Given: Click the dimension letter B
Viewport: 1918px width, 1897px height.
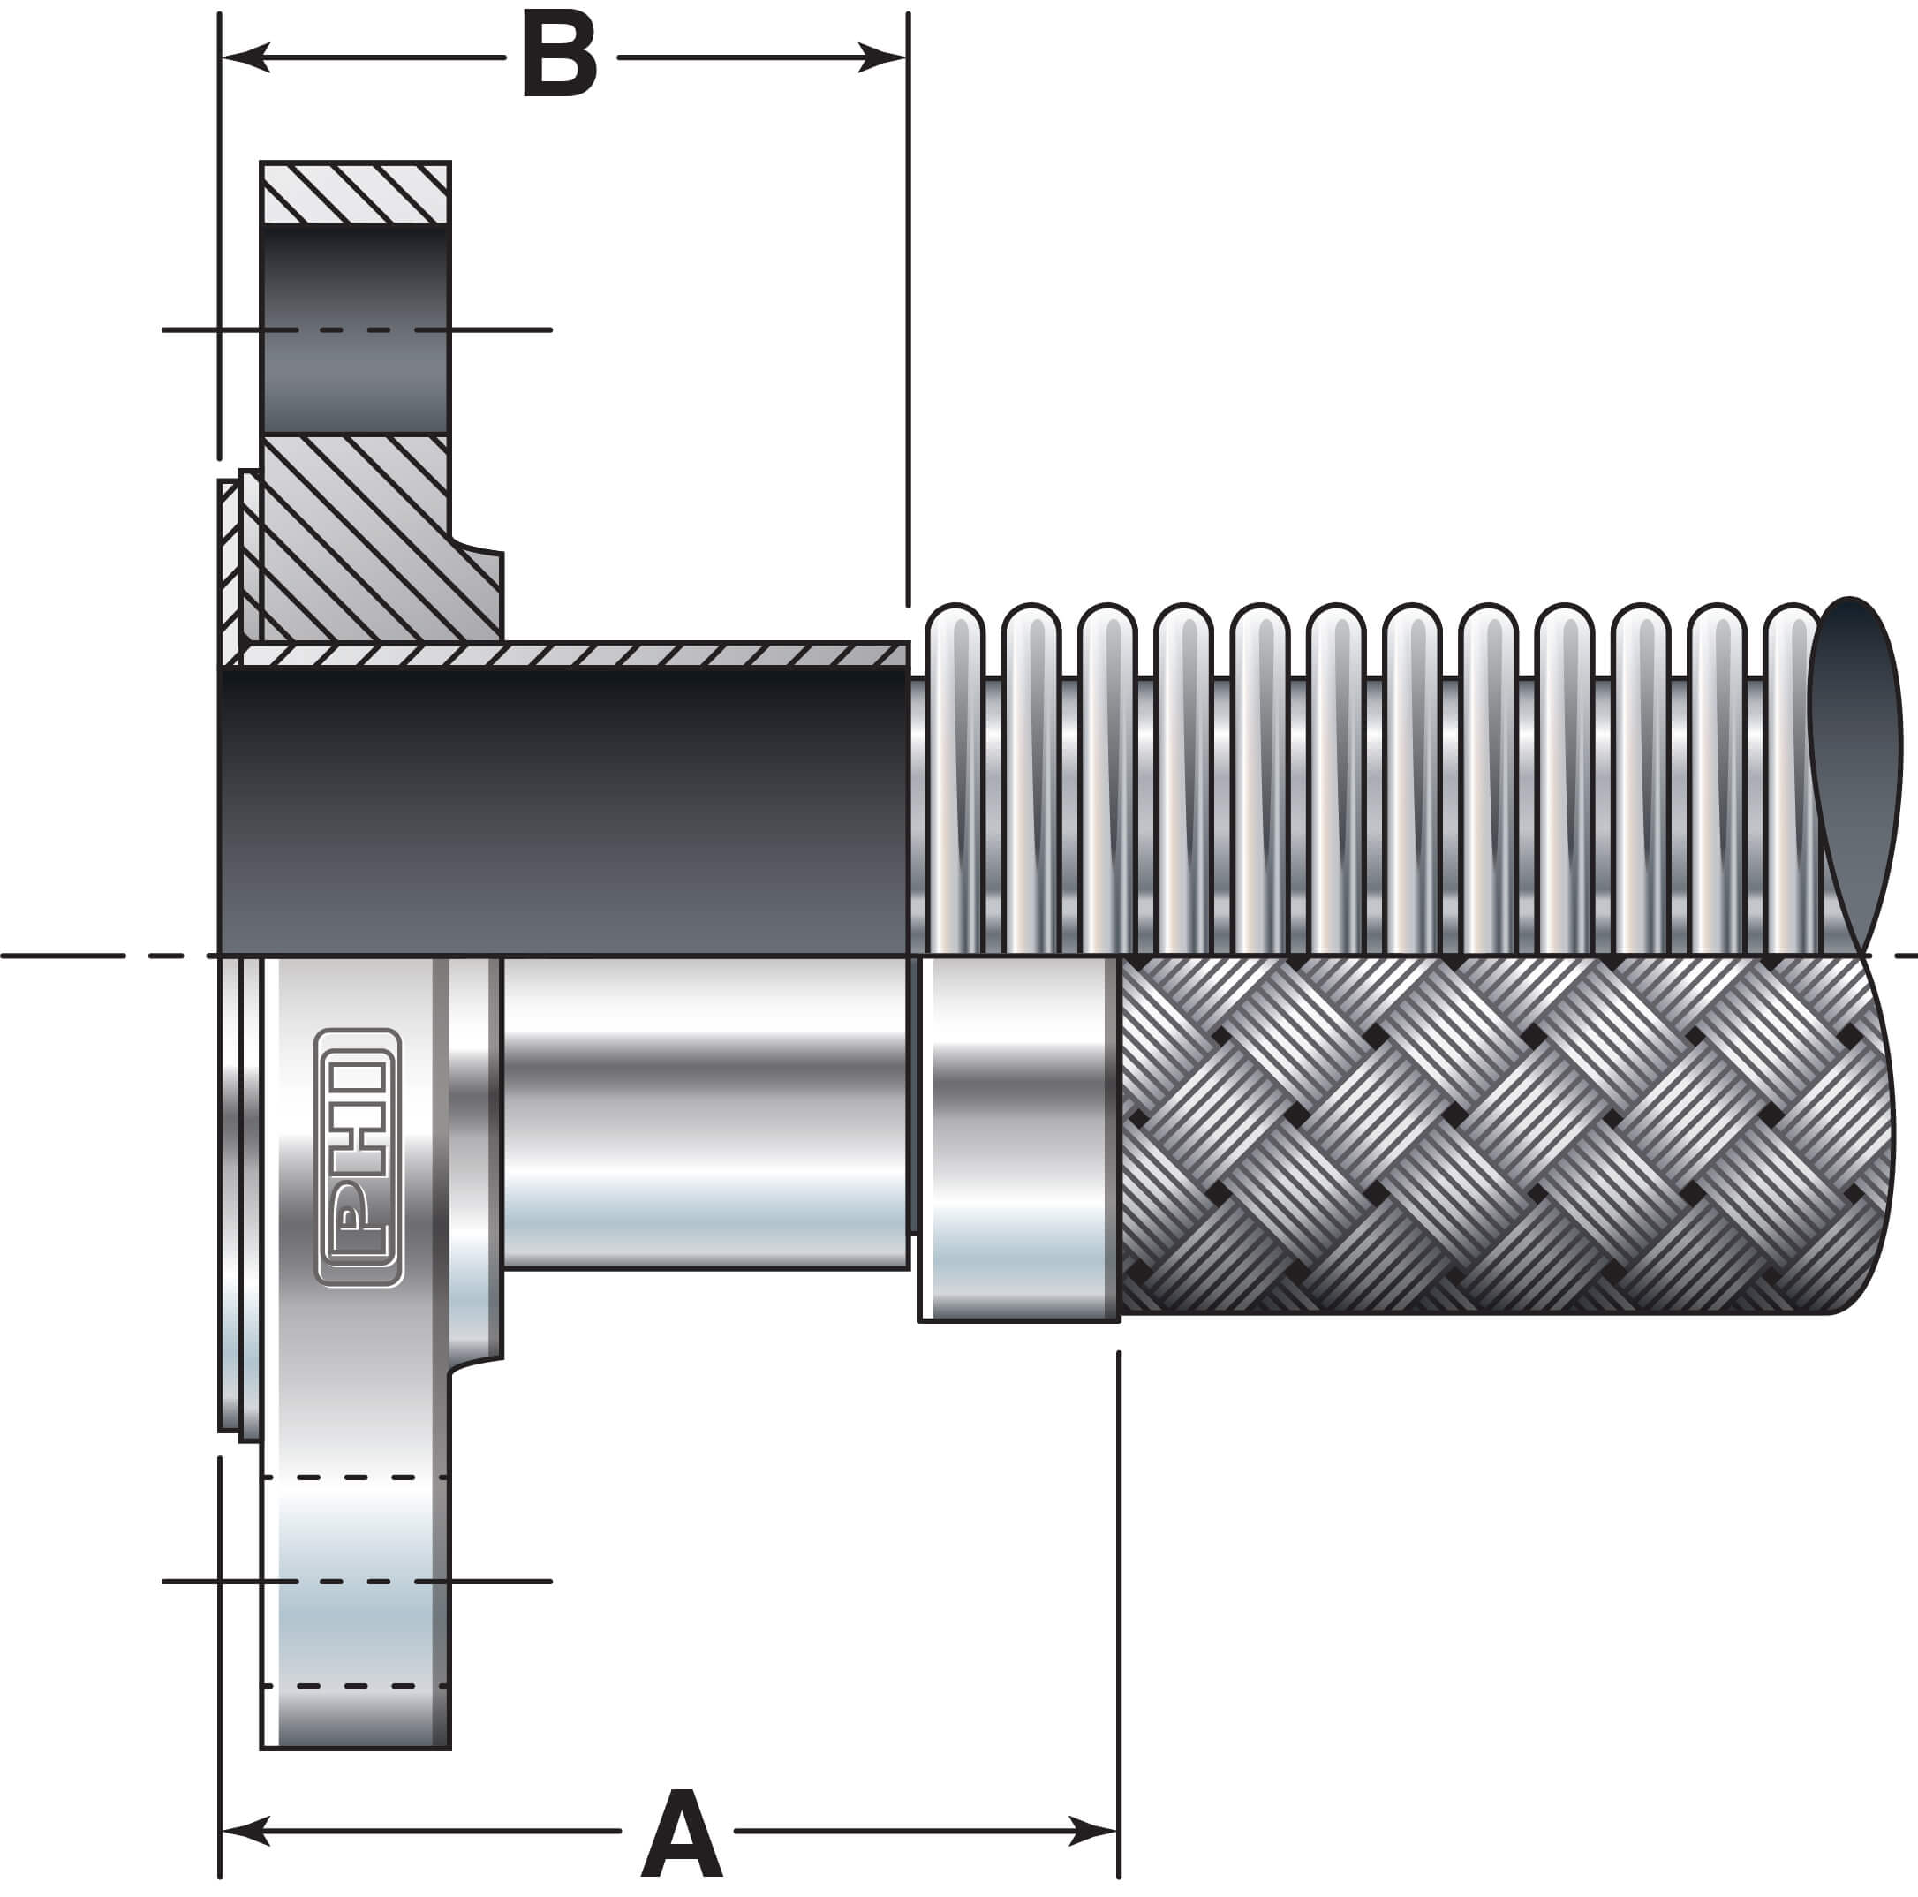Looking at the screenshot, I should point(559,57).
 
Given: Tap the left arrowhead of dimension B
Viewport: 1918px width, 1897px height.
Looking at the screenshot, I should point(243,57).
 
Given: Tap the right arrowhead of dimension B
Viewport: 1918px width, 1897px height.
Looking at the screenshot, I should point(884,57).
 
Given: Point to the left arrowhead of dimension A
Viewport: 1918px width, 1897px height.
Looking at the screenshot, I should point(243,1831).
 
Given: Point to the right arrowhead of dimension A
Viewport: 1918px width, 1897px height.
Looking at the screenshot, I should point(1094,1831).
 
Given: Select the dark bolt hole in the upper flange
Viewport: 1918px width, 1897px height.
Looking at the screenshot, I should point(354,329).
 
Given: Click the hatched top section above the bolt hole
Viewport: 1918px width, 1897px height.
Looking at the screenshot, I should point(354,193).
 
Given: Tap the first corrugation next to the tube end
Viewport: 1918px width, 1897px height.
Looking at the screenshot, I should point(954,775).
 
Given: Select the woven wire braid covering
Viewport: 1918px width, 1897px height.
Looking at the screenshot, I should point(1489,1131).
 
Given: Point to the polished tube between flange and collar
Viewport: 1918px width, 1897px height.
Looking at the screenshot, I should point(705,1112).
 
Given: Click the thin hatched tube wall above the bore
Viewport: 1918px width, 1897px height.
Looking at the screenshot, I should point(576,655).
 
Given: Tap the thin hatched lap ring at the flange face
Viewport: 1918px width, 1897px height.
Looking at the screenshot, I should point(230,566).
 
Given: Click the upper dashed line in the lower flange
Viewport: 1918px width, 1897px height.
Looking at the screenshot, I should point(354,1478).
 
